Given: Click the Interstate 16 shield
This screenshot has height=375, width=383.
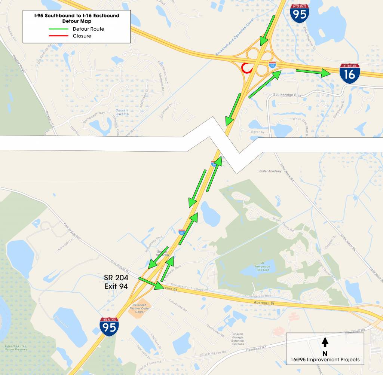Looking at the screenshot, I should tap(349, 73).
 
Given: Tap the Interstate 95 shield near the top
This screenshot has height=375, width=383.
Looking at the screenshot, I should tap(299, 14).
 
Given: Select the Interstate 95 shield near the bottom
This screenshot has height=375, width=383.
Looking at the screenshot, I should tap(109, 326).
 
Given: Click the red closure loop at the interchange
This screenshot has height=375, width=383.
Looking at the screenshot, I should tap(246, 68).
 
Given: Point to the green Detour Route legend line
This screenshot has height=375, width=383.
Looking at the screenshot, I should tap(59, 28).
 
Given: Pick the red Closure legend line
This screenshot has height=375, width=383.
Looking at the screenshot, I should tap(59, 36).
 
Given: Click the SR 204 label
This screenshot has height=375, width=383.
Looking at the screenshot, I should tap(116, 278).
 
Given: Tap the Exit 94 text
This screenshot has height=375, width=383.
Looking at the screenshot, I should tap(116, 286).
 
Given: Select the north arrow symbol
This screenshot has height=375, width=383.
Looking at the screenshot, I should tap(325, 342).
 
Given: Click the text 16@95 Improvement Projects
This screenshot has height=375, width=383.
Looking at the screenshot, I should tap(325, 360).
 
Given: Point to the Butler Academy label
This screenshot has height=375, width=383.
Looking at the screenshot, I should tap(270, 171).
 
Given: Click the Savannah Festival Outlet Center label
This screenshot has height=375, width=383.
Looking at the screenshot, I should tap(137, 308).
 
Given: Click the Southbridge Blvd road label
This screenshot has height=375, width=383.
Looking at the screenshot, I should tap(287, 95).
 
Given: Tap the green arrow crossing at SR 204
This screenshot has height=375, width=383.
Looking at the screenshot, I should tap(151, 283).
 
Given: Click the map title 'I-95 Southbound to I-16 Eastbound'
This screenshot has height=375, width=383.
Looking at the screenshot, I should tap(76, 16).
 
